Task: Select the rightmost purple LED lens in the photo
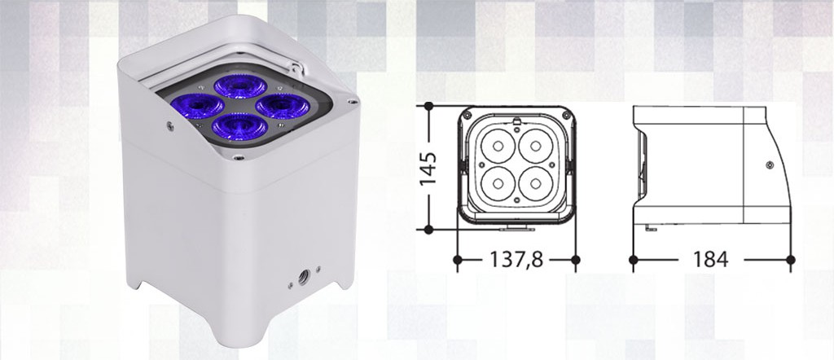coord(279,106)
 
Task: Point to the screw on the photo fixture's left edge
coord(169,125)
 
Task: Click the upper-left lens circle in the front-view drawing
coord(494,145)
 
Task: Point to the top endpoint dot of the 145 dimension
coord(429,107)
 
